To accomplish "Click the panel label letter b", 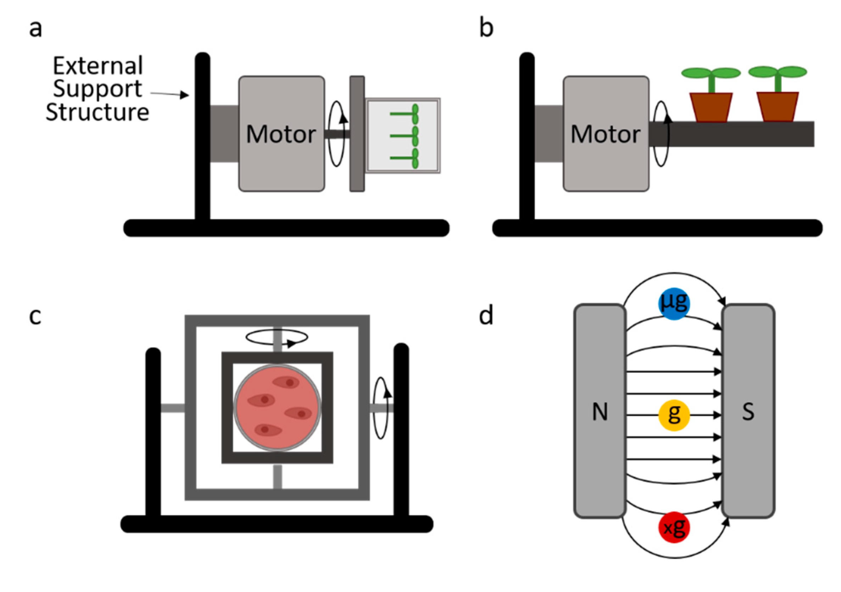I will (x=486, y=29).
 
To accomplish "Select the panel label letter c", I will (x=35, y=317).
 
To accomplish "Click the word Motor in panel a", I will (x=281, y=134).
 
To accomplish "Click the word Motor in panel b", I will (x=606, y=134).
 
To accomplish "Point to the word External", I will (x=98, y=66).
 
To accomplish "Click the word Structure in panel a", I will (x=98, y=112).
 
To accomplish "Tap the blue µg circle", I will (x=674, y=303).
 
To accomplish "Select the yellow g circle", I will (x=674, y=415).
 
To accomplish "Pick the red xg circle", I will (x=674, y=527).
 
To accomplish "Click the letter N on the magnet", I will (x=600, y=412).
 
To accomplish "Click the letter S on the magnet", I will (x=748, y=412).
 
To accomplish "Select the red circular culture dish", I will (x=277, y=407).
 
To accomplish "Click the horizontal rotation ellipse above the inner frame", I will (x=277, y=337).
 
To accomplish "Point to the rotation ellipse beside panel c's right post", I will (x=380, y=408).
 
